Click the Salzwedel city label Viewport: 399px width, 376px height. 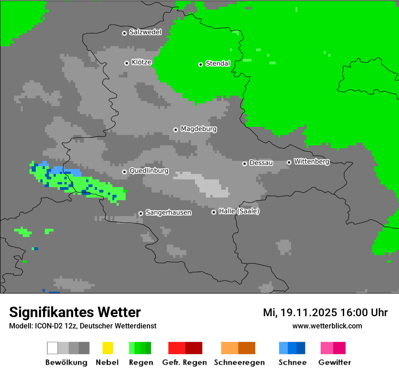coord(145,32)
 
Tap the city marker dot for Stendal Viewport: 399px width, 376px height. coord(200,64)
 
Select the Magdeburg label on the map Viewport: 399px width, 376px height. coord(199,129)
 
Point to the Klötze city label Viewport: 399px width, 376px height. coord(141,63)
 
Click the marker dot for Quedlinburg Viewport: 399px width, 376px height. coord(124,172)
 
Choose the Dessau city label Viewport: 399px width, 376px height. coord(261,163)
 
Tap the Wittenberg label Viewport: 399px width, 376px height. coord(311,162)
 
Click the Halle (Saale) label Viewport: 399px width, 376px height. coord(239,212)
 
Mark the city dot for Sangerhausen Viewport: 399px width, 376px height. coord(141,213)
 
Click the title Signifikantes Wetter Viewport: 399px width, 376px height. coord(75,312)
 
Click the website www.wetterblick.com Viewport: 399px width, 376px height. coord(327,326)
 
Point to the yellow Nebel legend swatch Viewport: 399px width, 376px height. coord(107,348)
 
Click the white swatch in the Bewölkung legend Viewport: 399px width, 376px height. coord(52,348)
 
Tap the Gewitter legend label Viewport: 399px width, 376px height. coord(335,362)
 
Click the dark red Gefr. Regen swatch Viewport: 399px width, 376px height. coord(194,348)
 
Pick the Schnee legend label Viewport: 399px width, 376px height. coord(292,362)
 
